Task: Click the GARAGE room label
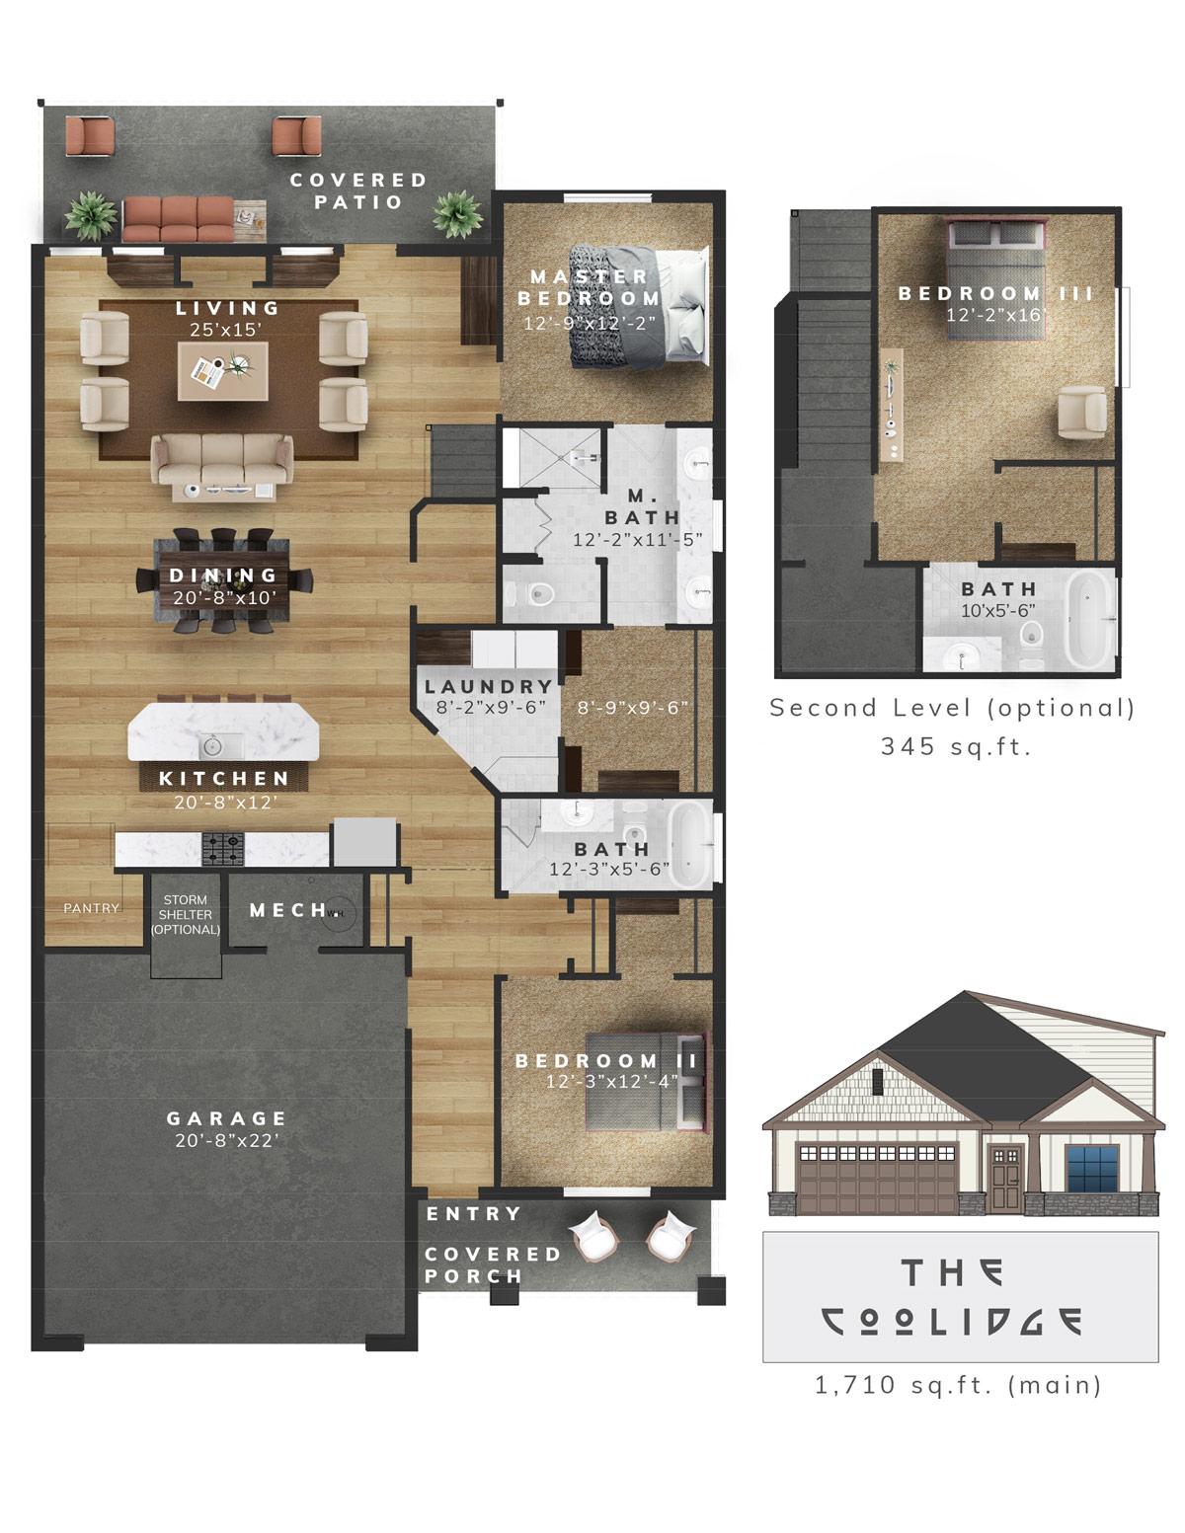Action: point(226,1118)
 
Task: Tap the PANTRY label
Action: point(92,908)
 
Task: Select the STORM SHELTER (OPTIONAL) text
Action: point(186,915)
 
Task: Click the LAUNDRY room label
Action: point(489,686)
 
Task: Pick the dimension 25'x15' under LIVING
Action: point(226,330)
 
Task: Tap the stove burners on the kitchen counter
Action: point(223,848)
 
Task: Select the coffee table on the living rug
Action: point(222,371)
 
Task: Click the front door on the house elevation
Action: point(1005,1179)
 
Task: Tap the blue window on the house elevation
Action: point(1092,1169)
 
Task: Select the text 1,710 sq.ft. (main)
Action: point(958,1385)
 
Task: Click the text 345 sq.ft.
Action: point(956,746)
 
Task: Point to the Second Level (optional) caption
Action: point(953,708)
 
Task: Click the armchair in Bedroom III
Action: point(1082,413)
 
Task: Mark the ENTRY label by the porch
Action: point(473,1214)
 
